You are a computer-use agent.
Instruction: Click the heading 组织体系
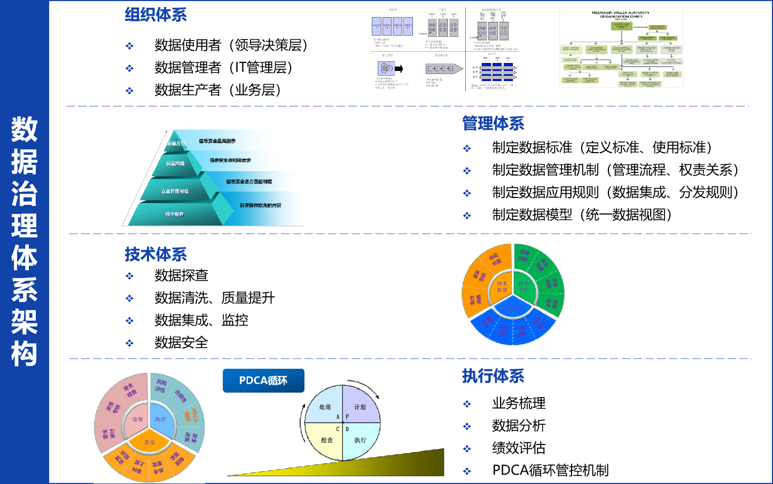tap(155, 15)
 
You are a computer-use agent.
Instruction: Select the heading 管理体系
tap(493, 124)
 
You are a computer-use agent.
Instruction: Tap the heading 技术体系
tap(155, 255)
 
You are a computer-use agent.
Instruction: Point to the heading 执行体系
tap(493, 376)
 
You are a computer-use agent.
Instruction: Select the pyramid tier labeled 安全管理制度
tap(175, 191)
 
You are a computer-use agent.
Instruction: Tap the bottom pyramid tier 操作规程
tap(174, 214)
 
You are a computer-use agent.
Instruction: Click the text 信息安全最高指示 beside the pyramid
tap(217, 141)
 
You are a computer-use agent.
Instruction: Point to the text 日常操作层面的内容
tap(260, 205)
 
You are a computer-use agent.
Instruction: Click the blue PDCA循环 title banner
tap(263, 380)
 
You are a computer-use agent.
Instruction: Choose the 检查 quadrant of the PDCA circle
tap(326, 440)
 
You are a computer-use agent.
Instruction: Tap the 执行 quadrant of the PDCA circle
tap(360, 440)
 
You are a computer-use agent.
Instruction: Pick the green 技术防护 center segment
tap(524, 286)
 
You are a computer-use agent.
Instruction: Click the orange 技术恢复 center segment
tap(501, 287)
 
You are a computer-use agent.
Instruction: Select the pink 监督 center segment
tap(137, 419)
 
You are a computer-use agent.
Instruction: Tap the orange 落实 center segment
tap(150, 442)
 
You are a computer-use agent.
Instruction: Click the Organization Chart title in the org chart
tap(621, 14)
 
